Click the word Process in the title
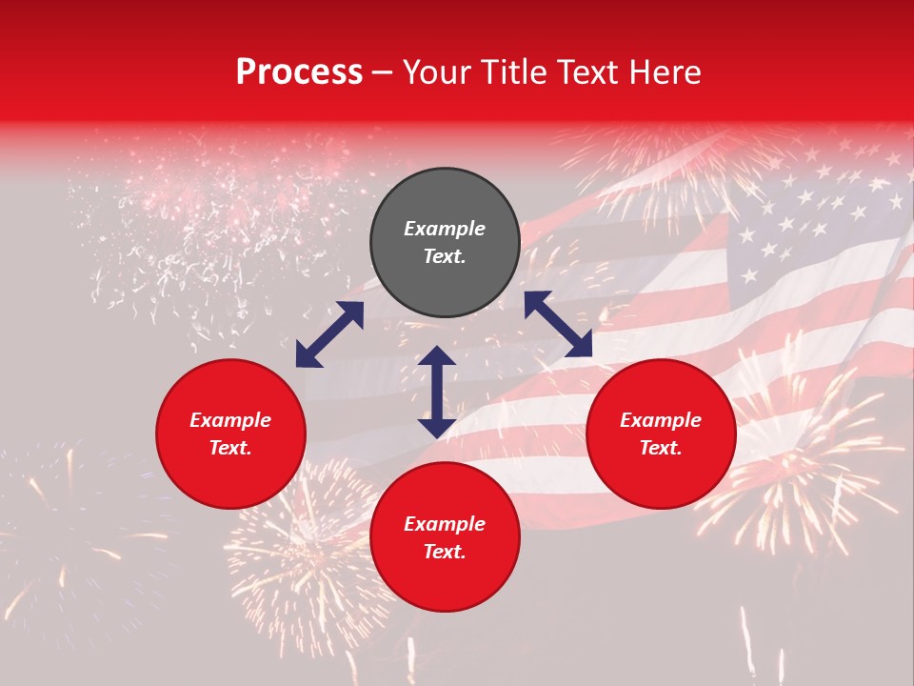[299, 72]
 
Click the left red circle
[230, 434]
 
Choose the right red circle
[661, 434]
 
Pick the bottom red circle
[445, 537]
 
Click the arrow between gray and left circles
[329, 334]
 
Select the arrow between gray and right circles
[558, 325]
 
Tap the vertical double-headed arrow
[436, 392]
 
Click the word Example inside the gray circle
[445, 229]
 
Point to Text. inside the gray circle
[445, 257]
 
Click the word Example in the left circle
[230, 420]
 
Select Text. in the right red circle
[661, 448]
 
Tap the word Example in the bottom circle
[445, 524]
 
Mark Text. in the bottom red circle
[445, 552]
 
